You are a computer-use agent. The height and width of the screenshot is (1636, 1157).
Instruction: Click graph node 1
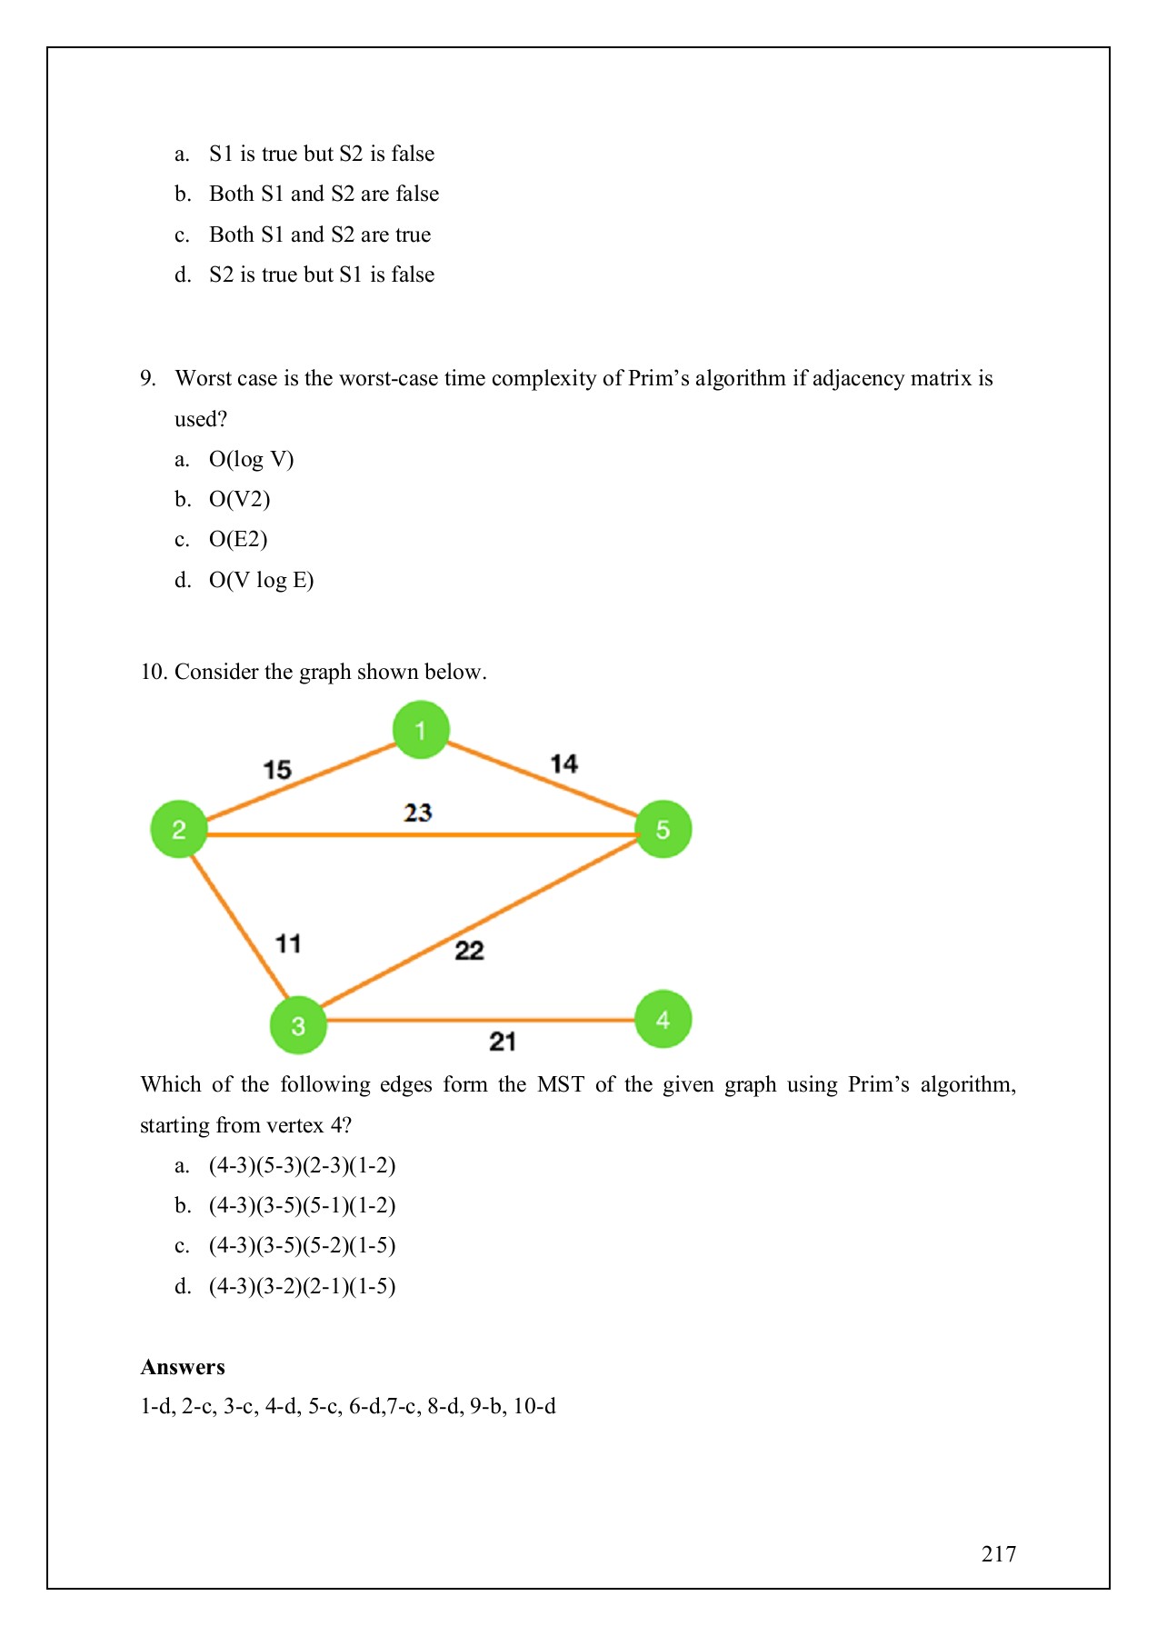[421, 729]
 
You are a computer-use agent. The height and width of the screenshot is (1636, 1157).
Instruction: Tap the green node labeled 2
[179, 829]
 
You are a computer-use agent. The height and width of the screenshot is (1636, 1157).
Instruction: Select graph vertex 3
[298, 1025]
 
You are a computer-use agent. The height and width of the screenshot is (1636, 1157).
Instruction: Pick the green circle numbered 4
[663, 1019]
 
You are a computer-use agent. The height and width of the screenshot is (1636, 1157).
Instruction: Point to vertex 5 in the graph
[663, 829]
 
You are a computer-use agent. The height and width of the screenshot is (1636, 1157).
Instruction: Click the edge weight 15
[277, 770]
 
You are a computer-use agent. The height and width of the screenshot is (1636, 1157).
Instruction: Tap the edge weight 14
[564, 763]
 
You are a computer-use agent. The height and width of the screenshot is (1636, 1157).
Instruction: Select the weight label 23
[418, 812]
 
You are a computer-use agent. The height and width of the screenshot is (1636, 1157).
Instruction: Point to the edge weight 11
[288, 943]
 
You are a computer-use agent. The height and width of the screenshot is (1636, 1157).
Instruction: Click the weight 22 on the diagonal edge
[469, 951]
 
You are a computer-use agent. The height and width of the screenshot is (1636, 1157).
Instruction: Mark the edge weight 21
[503, 1041]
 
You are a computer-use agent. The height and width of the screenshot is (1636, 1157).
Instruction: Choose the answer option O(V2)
[239, 499]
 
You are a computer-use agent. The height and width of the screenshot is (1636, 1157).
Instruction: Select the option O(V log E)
[261, 580]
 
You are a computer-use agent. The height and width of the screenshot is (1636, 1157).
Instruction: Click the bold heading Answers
[183, 1367]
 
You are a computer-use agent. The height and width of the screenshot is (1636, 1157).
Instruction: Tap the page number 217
[998, 1554]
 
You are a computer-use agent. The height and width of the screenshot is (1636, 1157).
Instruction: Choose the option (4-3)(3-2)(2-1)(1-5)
[302, 1286]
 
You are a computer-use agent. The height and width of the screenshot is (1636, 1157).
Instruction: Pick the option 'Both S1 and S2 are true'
[320, 234]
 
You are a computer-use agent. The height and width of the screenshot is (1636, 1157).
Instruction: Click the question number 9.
[148, 378]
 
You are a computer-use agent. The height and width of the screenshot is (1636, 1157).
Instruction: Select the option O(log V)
[251, 459]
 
